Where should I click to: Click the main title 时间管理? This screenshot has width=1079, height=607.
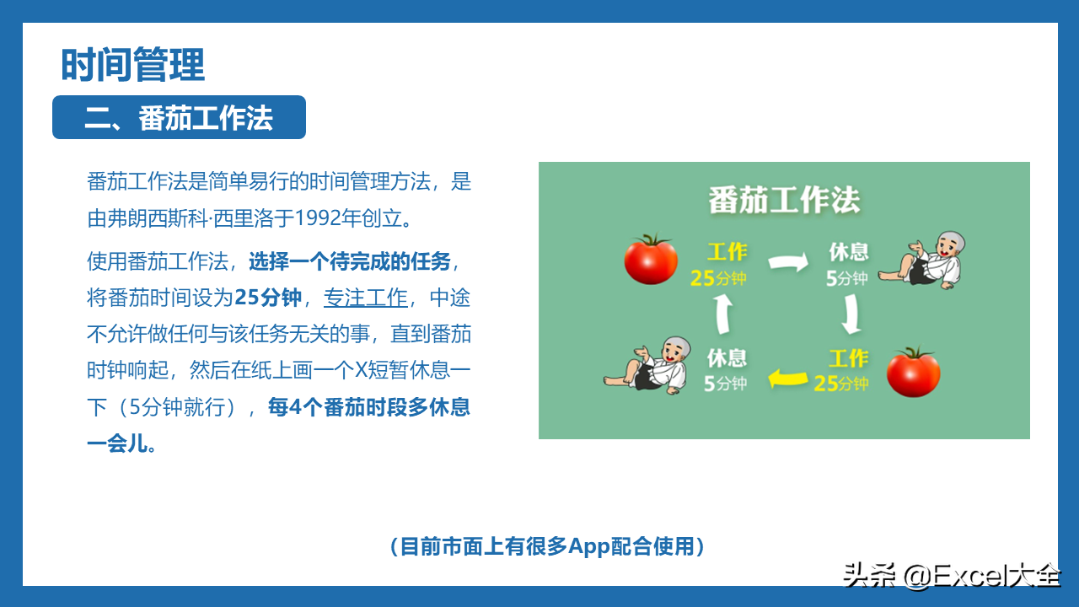pos(133,65)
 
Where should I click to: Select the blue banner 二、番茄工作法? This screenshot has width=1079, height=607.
pos(180,117)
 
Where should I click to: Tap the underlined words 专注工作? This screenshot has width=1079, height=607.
pos(366,298)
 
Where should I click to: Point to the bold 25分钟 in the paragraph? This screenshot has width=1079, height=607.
pos(268,298)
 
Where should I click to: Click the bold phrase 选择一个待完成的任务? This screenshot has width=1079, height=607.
pos(350,261)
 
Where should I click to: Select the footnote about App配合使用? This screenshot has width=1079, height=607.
pos(547,546)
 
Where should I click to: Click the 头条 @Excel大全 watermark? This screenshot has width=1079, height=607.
pos(952,575)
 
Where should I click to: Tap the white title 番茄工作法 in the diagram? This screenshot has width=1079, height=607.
pos(784,200)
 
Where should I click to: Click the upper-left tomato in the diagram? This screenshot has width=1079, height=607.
pos(651,259)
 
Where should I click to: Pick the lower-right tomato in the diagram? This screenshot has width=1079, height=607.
pos(913,372)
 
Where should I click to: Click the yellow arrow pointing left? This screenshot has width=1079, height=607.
pos(788,379)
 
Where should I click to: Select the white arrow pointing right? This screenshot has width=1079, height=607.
pos(788,262)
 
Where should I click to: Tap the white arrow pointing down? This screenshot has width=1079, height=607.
pos(851,314)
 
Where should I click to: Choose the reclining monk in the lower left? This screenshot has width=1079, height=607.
pos(647,366)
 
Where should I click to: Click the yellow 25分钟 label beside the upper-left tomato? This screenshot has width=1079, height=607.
pos(718,278)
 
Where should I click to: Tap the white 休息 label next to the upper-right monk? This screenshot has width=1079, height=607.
pos(848,251)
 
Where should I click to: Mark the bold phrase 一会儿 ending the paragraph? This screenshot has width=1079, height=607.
pos(121,443)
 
